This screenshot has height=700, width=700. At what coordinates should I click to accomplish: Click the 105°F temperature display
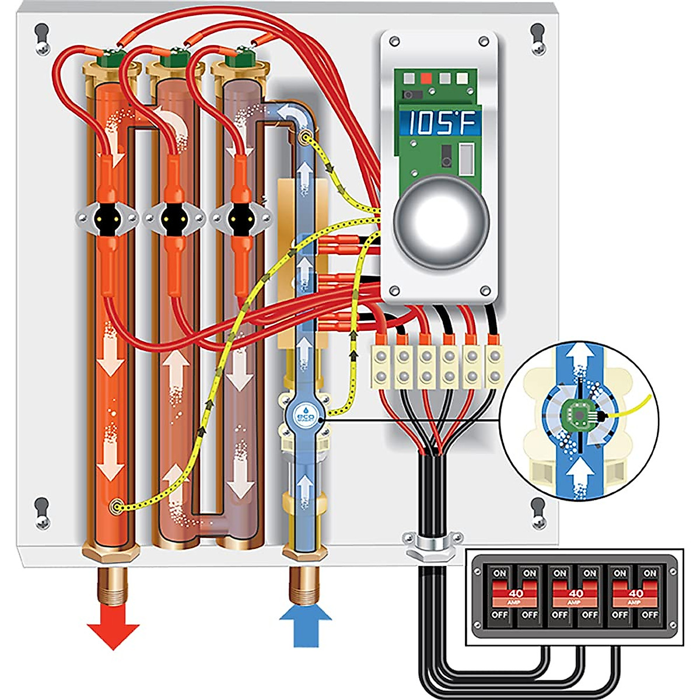tap(440, 124)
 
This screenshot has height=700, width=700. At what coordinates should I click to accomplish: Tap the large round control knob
tap(441, 222)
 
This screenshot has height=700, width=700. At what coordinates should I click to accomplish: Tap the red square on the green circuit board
tap(426, 77)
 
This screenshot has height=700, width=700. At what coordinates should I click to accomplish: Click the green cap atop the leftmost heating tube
tap(108, 59)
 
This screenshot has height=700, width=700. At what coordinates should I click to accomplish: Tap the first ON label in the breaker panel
tap(499, 573)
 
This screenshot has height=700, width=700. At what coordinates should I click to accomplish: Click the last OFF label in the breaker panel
tap(649, 615)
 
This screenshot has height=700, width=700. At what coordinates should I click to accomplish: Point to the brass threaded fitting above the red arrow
tap(113, 583)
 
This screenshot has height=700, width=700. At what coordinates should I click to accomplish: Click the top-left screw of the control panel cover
tap(395, 41)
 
